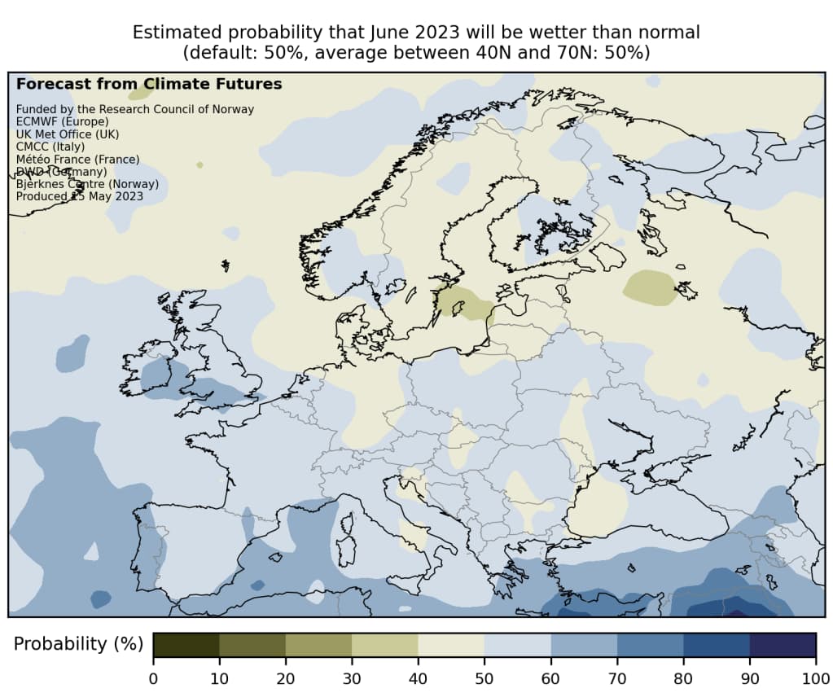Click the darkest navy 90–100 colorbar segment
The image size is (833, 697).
[783, 644]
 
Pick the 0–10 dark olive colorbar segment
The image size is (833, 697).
[186, 644]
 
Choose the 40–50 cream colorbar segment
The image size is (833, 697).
[451, 644]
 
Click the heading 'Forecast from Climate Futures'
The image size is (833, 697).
[149, 84]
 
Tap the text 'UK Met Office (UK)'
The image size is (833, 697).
[67, 134]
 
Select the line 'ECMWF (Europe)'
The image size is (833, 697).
[62, 121]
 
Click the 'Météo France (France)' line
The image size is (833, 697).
[77, 159]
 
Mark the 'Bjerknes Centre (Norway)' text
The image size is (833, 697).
[87, 184]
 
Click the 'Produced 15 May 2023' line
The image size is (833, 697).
[79, 196]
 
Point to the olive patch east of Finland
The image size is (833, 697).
[650, 288]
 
